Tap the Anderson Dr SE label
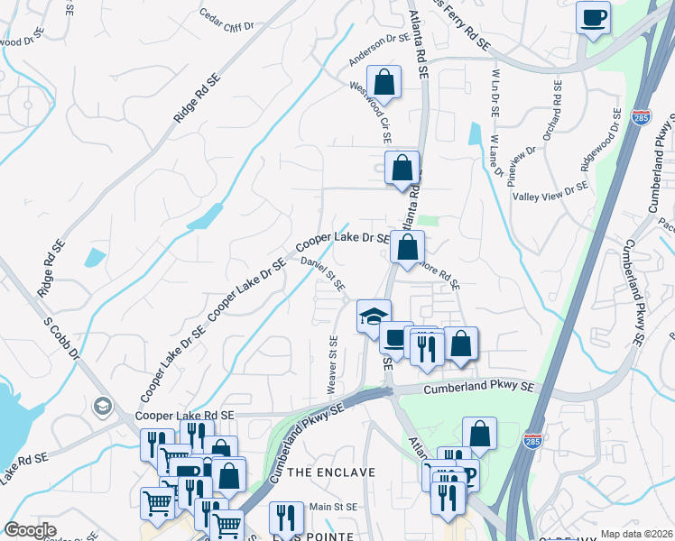pyautogui.click(x=380, y=51)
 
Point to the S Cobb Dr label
pyautogui.click(x=61, y=337)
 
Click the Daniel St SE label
pyautogui.click(x=323, y=274)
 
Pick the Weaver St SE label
pyautogui.click(x=332, y=364)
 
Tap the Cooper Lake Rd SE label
pyautogui.click(x=184, y=416)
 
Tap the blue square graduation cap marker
pyautogui.click(x=374, y=316)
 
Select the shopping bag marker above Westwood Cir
pyautogui.click(x=384, y=83)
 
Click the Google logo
pyautogui.click(x=30, y=529)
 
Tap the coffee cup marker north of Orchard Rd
pyautogui.click(x=593, y=18)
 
